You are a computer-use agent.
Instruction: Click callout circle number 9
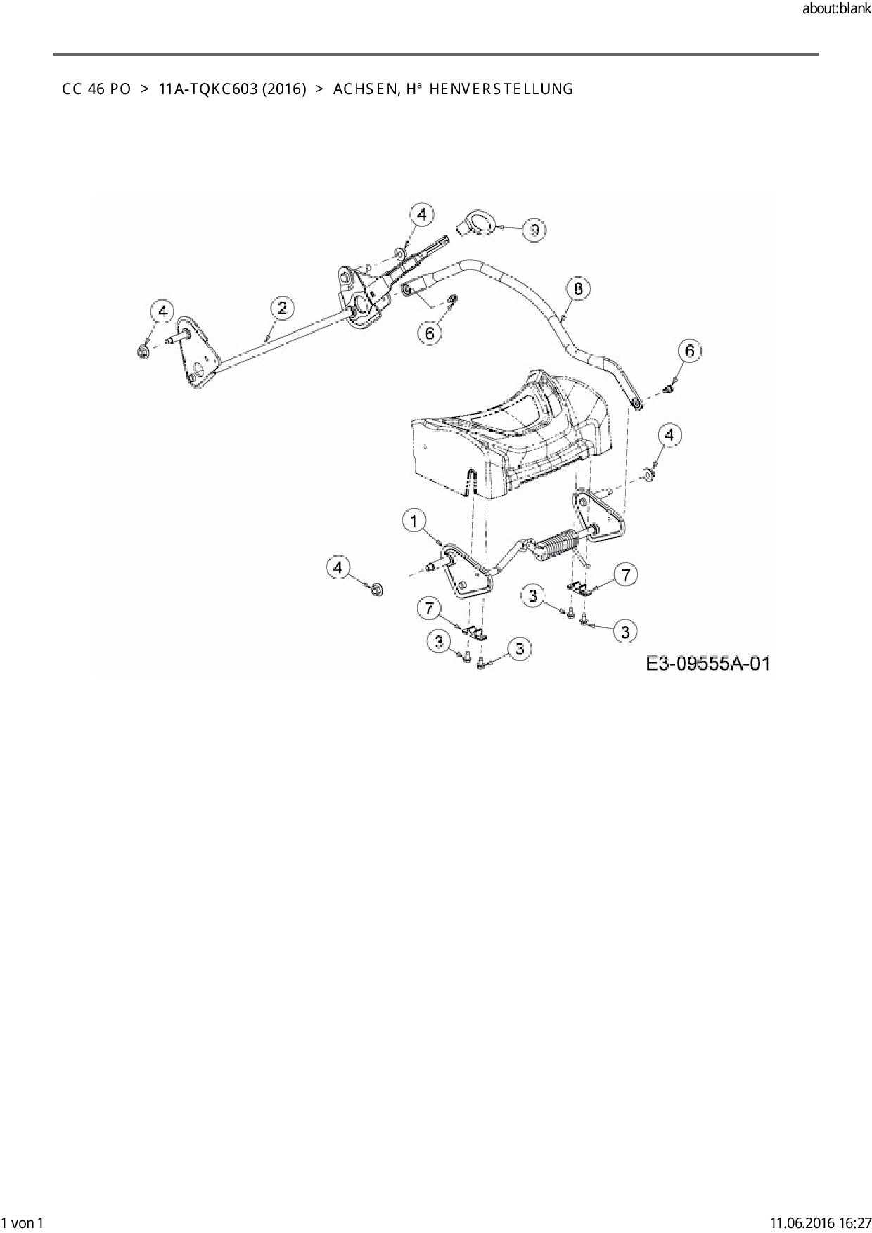pos(535,229)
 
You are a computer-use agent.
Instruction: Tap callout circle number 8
pos(578,288)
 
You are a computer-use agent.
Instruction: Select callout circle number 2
pos(282,307)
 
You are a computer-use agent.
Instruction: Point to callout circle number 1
pos(414,521)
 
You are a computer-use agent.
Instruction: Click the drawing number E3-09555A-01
pos(708,663)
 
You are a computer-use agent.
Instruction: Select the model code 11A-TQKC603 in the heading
pos(207,89)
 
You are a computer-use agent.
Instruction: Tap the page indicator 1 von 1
pos(23,1222)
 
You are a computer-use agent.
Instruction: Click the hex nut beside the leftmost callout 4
pos(142,349)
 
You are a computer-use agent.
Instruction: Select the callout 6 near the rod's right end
pos(689,350)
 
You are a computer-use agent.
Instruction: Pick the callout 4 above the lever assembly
pos(421,214)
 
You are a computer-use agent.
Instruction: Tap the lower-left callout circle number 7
pos(428,607)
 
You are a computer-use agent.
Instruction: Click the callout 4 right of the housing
pos(669,436)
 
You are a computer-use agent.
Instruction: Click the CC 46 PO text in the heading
pos(96,89)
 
